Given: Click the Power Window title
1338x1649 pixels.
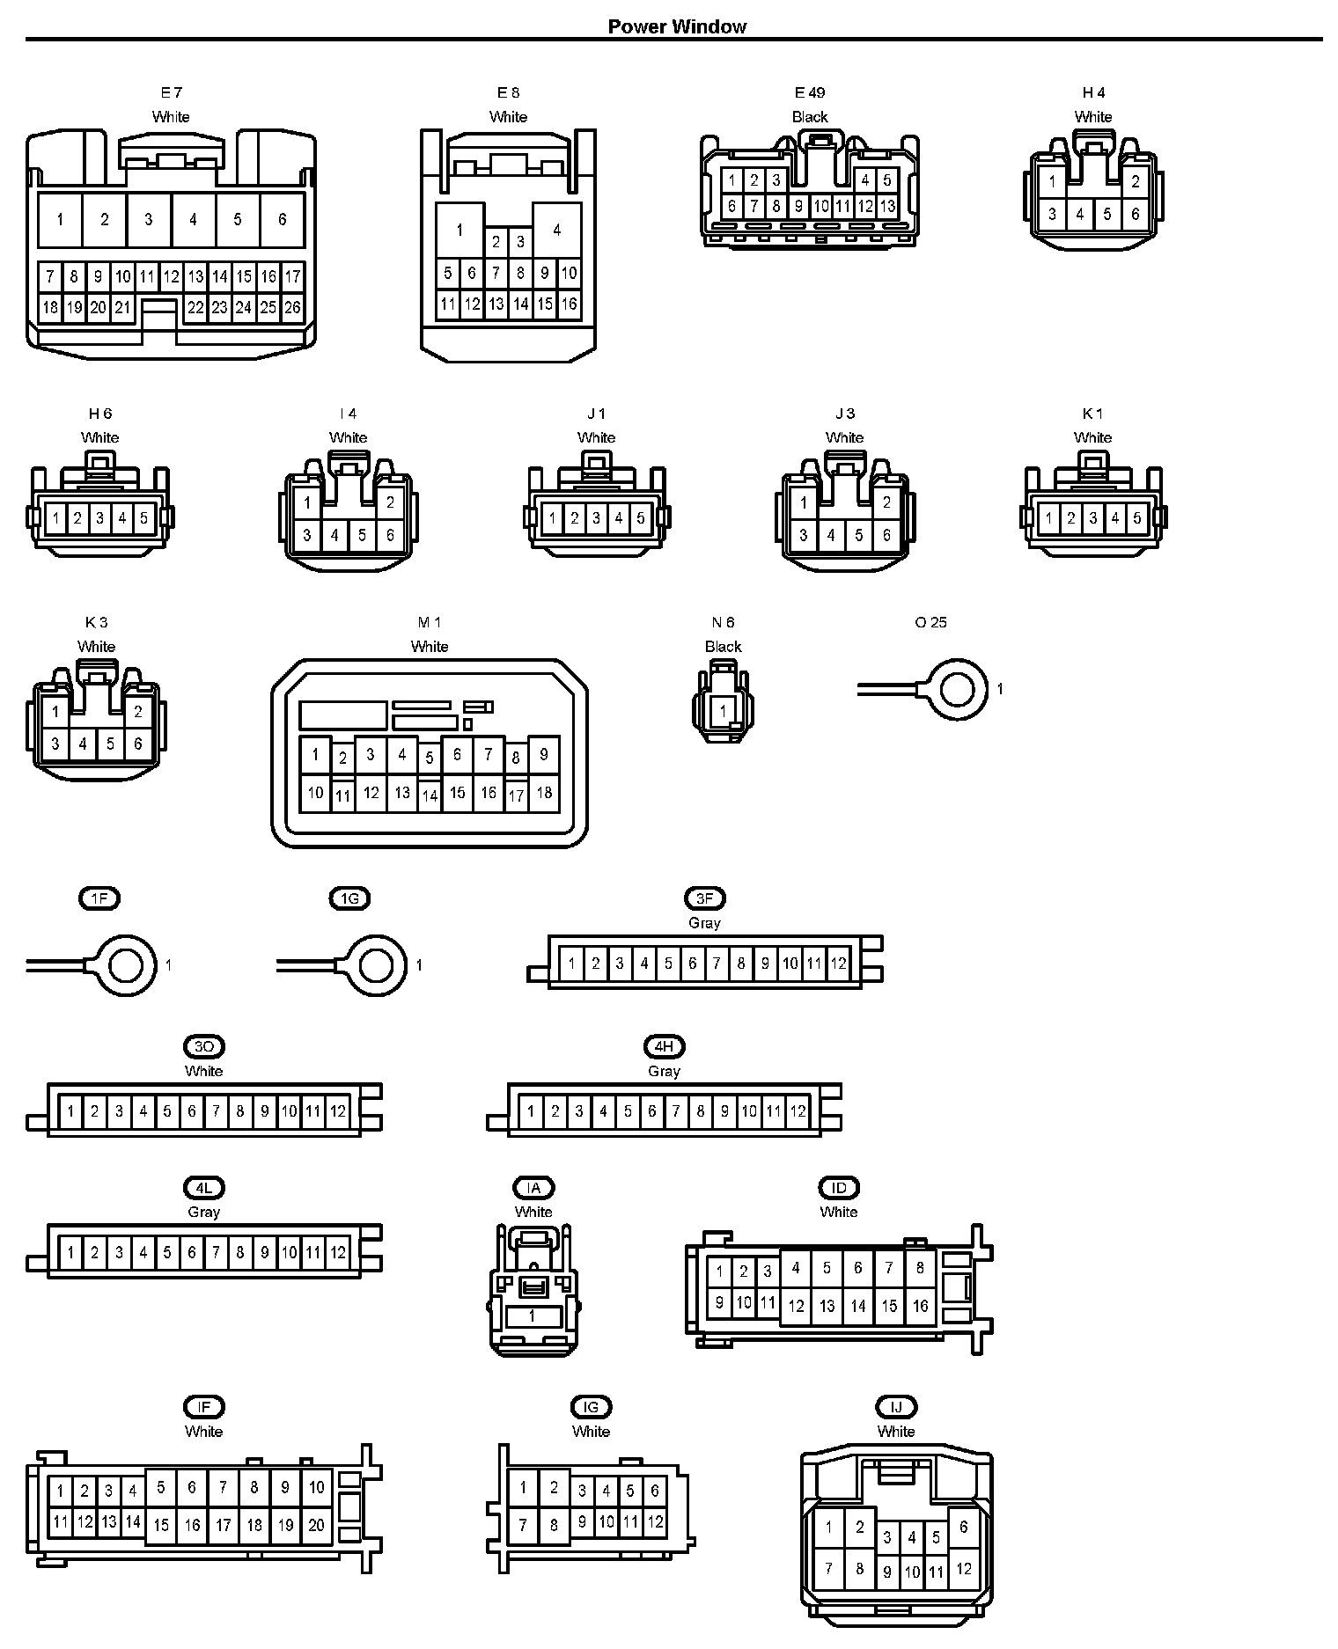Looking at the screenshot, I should [x=677, y=26].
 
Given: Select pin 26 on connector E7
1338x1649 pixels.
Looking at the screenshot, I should [x=292, y=307].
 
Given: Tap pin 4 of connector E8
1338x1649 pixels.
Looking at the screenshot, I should [x=556, y=230].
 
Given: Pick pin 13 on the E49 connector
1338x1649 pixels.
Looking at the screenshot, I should [x=887, y=207].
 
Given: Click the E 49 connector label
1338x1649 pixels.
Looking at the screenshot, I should [x=809, y=92].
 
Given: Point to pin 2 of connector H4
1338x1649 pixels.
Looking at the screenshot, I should [x=1136, y=182].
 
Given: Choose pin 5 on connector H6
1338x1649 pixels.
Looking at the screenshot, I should [x=143, y=517].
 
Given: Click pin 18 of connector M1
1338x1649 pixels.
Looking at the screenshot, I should [x=544, y=792].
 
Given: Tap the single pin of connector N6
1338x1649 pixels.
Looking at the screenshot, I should [x=723, y=711].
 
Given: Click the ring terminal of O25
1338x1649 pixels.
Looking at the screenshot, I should [x=958, y=690].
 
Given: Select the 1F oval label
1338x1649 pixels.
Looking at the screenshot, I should [x=99, y=898].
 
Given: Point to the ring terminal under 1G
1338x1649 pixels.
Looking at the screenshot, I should [x=377, y=965].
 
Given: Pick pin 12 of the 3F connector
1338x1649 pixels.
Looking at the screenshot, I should [x=838, y=964].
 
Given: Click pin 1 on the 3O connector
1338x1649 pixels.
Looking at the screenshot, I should [x=70, y=1111].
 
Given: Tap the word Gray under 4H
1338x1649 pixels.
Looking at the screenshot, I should [x=664, y=1071].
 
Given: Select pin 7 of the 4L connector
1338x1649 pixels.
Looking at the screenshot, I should [x=216, y=1252].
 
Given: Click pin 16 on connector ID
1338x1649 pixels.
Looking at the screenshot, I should [x=920, y=1306].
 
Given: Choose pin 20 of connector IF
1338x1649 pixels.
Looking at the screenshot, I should [x=316, y=1525].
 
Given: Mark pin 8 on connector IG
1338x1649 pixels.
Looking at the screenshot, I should [x=554, y=1525].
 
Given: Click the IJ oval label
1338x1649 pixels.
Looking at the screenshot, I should [x=896, y=1407].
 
